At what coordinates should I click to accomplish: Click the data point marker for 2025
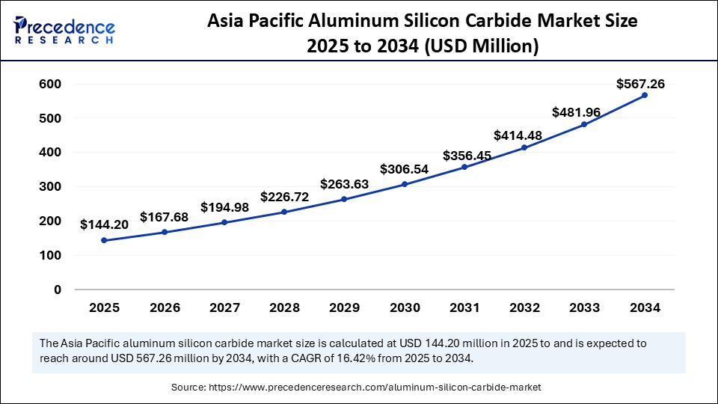(x=104, y=240)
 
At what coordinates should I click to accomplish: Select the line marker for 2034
(x=644, y=95)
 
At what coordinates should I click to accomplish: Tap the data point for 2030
(x=404, y=184)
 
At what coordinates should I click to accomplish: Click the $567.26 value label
(x=641, y=84)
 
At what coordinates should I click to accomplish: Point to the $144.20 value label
(x=105, y=224)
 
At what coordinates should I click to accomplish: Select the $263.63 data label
(x=345, y=184)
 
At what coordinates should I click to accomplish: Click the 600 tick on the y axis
(x=50, y=84)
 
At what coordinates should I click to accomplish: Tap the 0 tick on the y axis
(x=58, y=290)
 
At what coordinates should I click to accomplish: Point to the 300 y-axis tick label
(x=50, y=186)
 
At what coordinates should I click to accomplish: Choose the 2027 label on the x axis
(x=224, y=307)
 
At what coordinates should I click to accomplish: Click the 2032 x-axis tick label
(x=524, y=307)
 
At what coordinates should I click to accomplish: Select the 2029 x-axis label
(x=344, y=307)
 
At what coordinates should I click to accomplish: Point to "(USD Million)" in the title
(x=482, y=46)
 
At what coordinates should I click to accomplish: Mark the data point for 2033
(x=584, y=124)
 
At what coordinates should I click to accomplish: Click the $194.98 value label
(x=225, y=206)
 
